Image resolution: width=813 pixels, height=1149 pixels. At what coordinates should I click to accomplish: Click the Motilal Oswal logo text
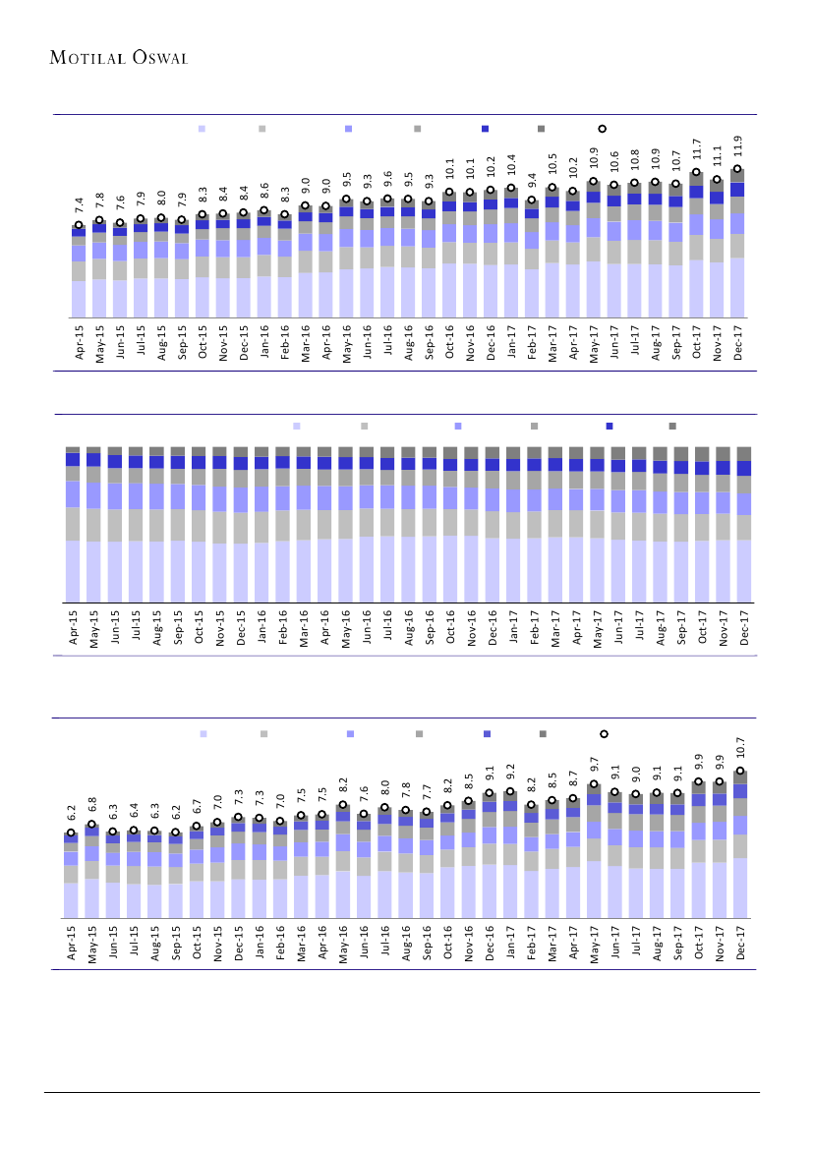119,57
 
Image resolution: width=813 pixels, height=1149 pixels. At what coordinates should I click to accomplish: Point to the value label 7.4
79,206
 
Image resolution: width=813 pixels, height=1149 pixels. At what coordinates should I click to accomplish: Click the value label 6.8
91,807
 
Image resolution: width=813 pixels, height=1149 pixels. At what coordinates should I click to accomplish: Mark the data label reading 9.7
594,766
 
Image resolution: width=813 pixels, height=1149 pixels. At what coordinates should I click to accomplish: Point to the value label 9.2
510,774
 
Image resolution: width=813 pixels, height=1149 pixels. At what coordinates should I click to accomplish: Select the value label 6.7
196,808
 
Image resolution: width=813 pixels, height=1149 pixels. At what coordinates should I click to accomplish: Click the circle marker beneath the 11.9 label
737,169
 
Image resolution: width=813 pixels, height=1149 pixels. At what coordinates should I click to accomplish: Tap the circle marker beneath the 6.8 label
91,825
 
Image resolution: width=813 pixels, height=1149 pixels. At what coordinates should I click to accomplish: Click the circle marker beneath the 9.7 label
594,784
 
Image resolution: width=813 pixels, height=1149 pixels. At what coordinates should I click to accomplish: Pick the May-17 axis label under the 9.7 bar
594,946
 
